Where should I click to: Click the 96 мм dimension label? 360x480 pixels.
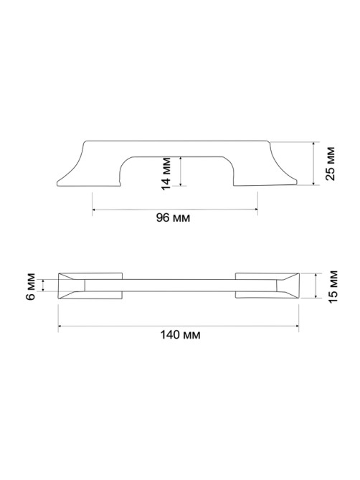[x=173, y=217]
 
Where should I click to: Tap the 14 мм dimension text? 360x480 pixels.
[x=166, y=174]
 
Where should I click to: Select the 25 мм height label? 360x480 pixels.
[x=330, y=164]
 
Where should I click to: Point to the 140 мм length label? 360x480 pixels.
[x=181, y=335]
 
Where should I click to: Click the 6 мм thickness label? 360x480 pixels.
[x=31, y=286]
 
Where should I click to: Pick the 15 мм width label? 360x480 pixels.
[x=333, y=287]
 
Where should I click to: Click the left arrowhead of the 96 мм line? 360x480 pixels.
[x=94, y=210]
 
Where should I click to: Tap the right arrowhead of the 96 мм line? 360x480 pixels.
[x=256, y=210]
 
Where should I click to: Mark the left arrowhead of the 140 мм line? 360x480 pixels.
[x=60, y=326]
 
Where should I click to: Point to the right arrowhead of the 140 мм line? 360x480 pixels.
[x=297, y=326]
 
